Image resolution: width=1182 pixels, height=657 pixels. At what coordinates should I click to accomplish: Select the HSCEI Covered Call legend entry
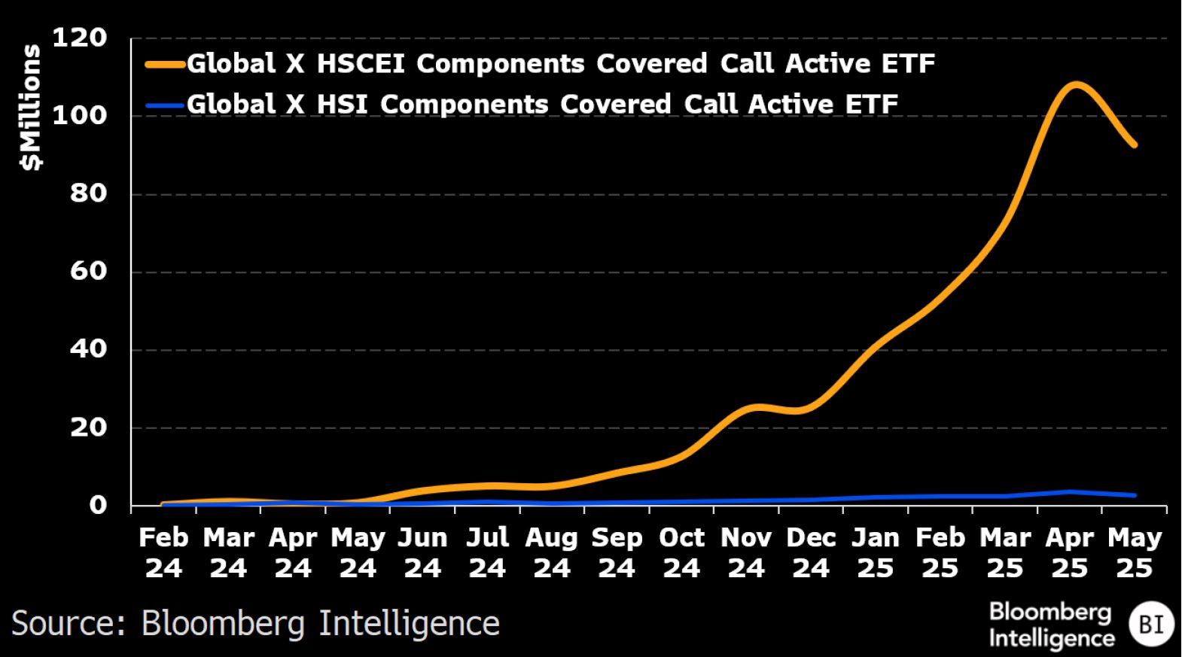pyautogui.click(x=560, y=64)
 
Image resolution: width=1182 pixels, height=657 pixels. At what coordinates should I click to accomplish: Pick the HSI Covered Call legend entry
pyautogui.click(x=542, y=104)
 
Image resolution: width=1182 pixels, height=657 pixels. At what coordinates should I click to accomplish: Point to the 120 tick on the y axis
pyautogui.click(x=79, y=38)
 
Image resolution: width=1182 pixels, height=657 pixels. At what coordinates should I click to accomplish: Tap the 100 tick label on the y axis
pyautogui.click(x=79, y=116)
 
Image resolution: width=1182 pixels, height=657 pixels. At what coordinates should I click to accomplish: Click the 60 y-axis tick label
pyautogui.click(x=88, y=271)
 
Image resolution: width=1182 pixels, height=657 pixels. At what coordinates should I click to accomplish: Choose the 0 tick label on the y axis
pyautogui.click(x=98, y=505)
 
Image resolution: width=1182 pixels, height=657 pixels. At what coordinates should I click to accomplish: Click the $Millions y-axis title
pyautogui.click(x=31, y=108)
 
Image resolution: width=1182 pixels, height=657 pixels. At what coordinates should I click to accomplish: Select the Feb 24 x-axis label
pyautogui.click(x=163, y=553)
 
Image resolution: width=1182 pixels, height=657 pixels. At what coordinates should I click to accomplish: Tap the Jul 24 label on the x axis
pyautogui.click(x=487, y=553)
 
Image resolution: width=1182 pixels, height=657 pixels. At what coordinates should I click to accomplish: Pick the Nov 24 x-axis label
pyautogui.click(x=746, y=553)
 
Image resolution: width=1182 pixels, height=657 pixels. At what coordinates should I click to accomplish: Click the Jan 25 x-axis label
pyautogui.click(x=876, y=553)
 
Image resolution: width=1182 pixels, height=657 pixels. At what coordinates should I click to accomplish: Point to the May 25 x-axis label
pyautogui.click(x=1135, y=553)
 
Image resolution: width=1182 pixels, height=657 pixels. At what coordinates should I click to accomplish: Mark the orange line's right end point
pyautogui.click(x=1135, y=145)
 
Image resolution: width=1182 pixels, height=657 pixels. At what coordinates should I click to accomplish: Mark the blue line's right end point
pyautogui.click(x=1135, y=495)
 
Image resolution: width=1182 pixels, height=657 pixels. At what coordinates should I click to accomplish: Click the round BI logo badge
pyautogui.click(x=1151, y=624)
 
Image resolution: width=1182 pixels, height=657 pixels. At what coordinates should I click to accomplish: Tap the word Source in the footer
pyautogui.click(x=69, y=624)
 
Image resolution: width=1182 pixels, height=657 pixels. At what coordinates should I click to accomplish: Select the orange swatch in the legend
pyautogui.click(x=165, y=65)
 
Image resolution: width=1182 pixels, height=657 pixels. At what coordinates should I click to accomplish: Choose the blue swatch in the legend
pyautogui.click(x=165, y=105)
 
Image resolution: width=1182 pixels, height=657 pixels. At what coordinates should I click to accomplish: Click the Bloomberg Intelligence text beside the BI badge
pyautogui.click(x=1051, y=625)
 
